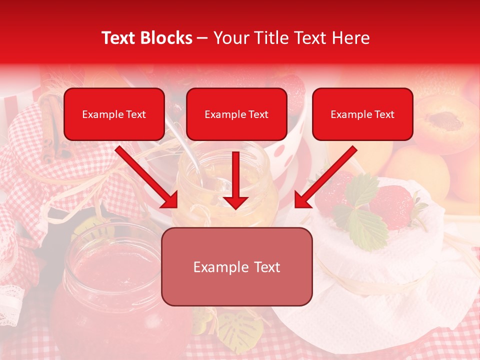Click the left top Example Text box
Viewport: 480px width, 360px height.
(x=114, y=114)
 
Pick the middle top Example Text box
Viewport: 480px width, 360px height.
(x=236, y=114)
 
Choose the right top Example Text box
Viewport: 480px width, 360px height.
(x=362, y=114)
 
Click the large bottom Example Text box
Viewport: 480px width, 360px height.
(x=236, y=267)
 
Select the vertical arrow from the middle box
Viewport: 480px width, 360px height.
(x=235, y=180)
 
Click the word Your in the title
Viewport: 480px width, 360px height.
(x=230, y=38)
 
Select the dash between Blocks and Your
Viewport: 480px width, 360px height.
(x=202, y=38)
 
